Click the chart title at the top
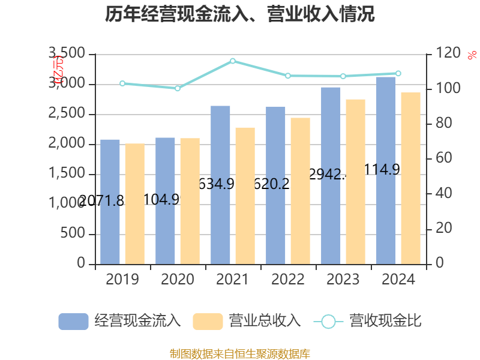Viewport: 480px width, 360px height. tap(240, 14)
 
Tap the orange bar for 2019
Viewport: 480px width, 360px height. tap(135, 204)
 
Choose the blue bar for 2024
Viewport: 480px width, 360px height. tap(386, 170)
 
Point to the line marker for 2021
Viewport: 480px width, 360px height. tap(233, 61)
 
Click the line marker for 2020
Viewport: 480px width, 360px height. tap(178, 88)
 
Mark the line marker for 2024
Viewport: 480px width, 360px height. tap(398, 73)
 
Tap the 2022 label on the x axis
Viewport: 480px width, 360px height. tap(288, 280)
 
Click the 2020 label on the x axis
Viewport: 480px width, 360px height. tap(178, 280)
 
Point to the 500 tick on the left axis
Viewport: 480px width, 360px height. tap(73, 234)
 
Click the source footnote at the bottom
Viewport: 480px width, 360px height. tap(240, 353)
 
